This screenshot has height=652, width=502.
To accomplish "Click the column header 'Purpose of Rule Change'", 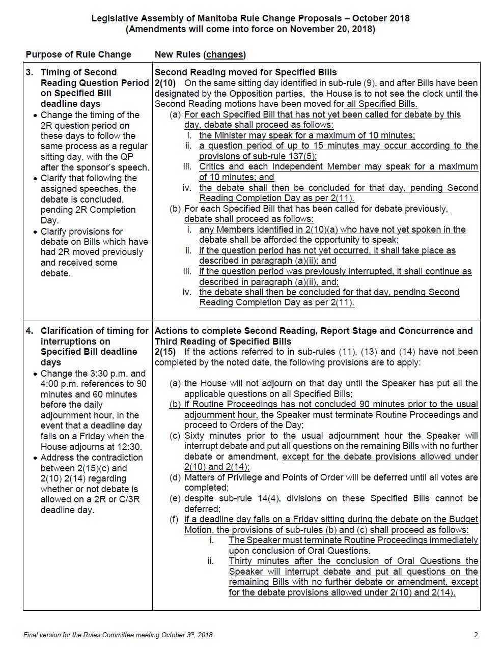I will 78,54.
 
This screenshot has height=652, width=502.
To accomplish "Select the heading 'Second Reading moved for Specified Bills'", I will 245,72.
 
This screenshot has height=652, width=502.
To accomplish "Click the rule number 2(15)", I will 164,352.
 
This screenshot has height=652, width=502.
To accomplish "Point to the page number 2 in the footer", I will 476,635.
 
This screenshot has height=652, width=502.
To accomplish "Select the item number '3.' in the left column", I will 30,72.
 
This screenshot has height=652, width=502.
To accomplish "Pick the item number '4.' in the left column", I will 30,331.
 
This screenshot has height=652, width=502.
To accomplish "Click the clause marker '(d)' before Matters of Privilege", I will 175,477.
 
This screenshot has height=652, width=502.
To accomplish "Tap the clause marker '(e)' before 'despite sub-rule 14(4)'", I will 175,498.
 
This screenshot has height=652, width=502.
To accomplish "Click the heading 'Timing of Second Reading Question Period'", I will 95,77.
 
